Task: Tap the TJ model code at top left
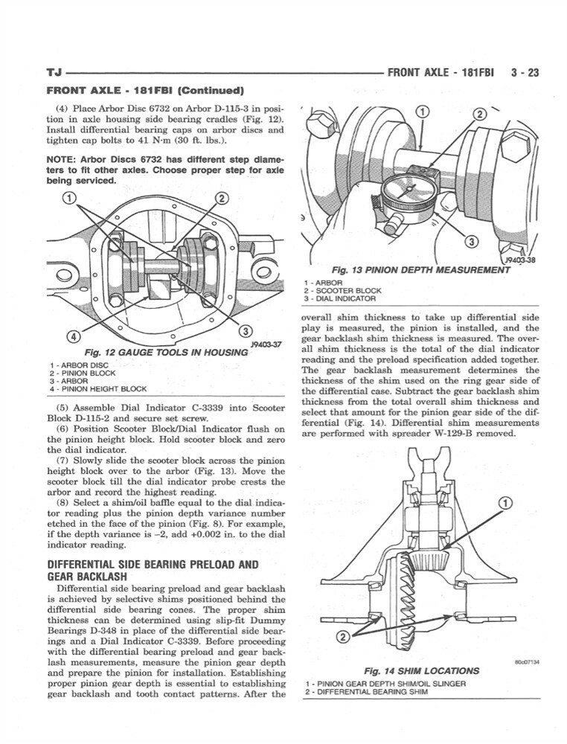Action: coord(54,74)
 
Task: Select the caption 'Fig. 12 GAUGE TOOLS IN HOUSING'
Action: coord(165,351)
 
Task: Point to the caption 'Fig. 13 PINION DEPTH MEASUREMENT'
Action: coord(411,269)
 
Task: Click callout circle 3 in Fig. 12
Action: coord(246,330)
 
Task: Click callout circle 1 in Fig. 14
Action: coord(504,504)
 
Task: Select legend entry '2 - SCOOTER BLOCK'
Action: coord(342,290)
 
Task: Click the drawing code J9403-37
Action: coord(264,344)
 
